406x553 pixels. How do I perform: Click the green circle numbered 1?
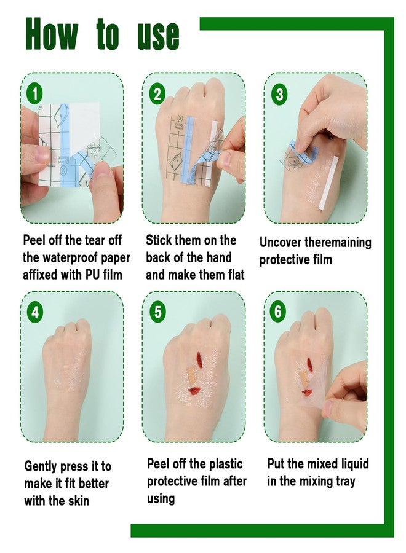tap(34, 94)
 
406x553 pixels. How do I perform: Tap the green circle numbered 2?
tap(157, 94)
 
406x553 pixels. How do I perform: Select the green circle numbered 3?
tap(279, 94)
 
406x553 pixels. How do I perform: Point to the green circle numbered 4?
tap(34, 312)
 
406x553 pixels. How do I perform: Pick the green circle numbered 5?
tap(157, 312)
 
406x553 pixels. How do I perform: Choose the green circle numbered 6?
tap(278, 312)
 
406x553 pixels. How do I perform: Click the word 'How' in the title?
tap(52, 34)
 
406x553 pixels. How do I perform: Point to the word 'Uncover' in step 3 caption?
tap(281, 242)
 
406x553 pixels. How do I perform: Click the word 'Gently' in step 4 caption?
tap(41, 466)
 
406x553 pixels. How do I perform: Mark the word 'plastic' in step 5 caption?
tap(226, 464)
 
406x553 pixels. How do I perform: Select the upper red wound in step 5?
tap(199, 360)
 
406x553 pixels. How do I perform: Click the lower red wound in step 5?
tap(194, 390)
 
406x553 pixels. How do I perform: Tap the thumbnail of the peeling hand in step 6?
tap(328, 408)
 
